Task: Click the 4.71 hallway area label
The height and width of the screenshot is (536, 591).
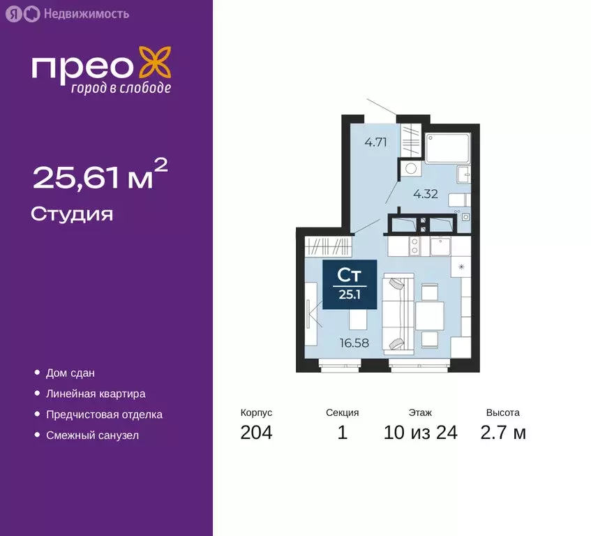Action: click(375, 144)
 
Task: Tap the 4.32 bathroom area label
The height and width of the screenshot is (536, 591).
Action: click(425, 194)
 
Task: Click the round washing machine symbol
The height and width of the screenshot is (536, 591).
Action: click(411, 168)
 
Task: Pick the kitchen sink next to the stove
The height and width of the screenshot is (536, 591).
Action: click(441, 246)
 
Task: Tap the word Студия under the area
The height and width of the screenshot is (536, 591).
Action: click(72, 214)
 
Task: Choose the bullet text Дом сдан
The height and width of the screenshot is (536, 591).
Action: click(70, 373)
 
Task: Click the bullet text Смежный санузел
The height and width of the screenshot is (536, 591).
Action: click(92, 435)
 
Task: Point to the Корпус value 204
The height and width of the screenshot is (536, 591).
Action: click(256, 433)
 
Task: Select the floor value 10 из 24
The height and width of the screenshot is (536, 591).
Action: click(420, 433)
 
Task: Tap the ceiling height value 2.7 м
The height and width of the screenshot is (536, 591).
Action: click(502, 433)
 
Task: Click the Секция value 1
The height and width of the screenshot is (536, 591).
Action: click(342, 433)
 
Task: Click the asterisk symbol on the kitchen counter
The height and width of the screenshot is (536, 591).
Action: click(461, 266)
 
